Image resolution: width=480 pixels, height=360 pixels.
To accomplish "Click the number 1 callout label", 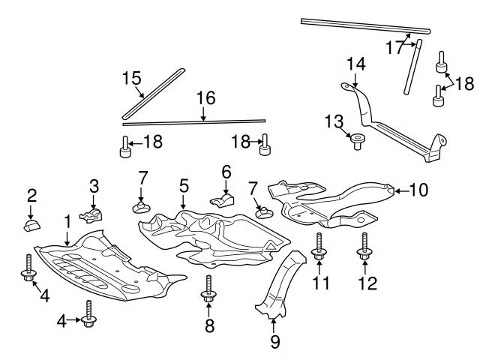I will [x=67, y=221].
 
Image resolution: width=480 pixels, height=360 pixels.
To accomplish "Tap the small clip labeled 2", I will [x=31, y=226].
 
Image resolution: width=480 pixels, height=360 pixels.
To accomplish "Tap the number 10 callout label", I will [x=418, y=190].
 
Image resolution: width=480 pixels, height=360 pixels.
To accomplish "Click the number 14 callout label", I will [x=355, y=64].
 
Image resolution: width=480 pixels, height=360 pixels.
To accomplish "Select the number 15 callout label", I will [x=132, y=77].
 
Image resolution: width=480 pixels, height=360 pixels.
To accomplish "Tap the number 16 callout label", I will [x=205, y=97].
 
